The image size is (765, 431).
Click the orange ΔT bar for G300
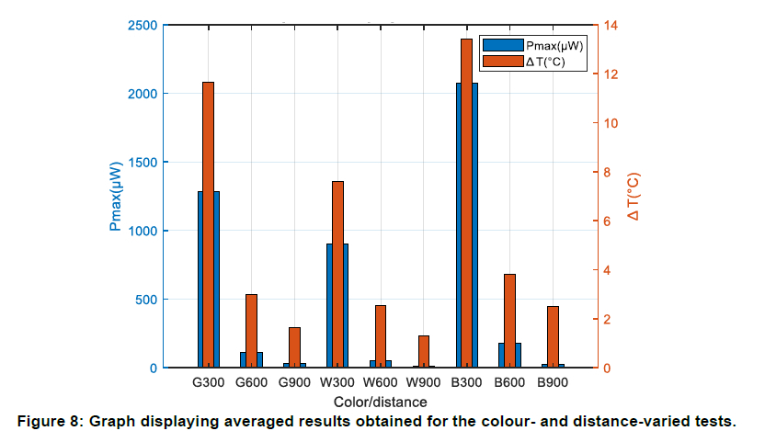coord(208,224)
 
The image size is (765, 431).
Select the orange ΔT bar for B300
coord(466,203)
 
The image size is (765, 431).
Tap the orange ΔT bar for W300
coord(337,274)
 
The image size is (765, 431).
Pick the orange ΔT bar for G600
coord(251,331)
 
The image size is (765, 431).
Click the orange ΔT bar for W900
coord(423,351)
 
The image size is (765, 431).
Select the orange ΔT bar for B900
coord(553,336)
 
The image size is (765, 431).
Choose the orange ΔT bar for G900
coord(294,347)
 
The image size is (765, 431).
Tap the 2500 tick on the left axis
coord(142,25)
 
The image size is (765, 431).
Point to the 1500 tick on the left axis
coord(142,162)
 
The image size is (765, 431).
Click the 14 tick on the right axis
coord(610,25)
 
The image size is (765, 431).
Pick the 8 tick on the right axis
coord(606,172)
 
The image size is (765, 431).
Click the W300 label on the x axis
coord(337,382)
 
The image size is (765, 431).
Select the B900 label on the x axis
coord(553,382)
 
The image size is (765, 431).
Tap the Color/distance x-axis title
coord(381,402)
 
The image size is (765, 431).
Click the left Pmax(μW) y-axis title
coord(115,196)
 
